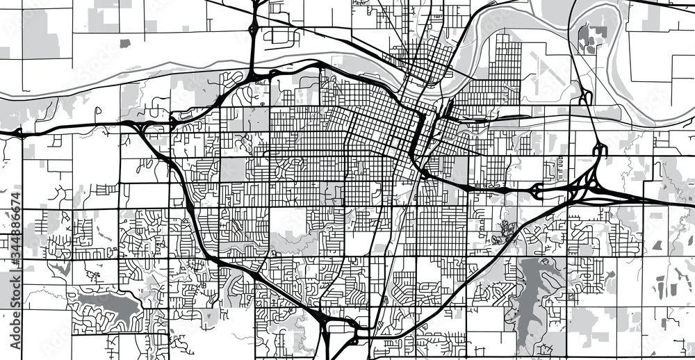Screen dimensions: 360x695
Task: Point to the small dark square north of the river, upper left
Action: [124, 43]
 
